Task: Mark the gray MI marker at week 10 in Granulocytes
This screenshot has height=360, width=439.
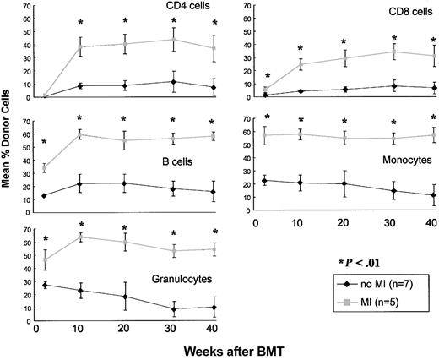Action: point(80,237)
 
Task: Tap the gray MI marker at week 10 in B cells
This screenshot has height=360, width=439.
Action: point(80,134)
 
